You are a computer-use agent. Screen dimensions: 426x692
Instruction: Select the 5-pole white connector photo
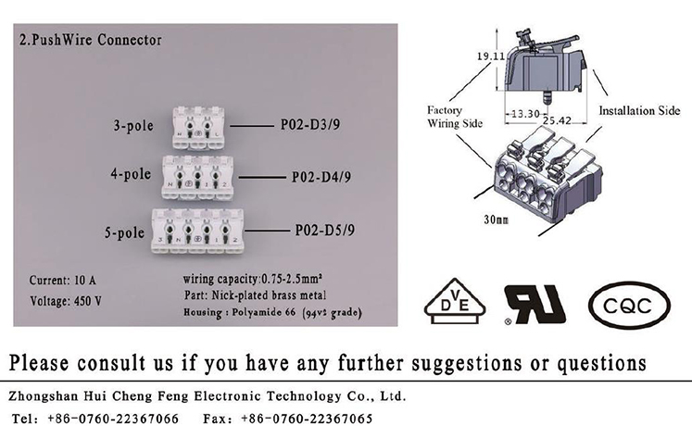[203, 229]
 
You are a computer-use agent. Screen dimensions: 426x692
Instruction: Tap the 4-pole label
[131, 174]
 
